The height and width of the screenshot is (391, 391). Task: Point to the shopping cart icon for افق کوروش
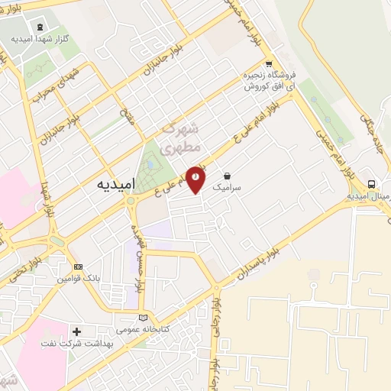point(268,64)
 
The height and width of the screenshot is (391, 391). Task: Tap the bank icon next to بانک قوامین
point(77,267)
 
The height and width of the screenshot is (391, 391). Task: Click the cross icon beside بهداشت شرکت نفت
point(76,331)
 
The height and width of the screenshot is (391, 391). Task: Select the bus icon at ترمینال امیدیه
point(371,184)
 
